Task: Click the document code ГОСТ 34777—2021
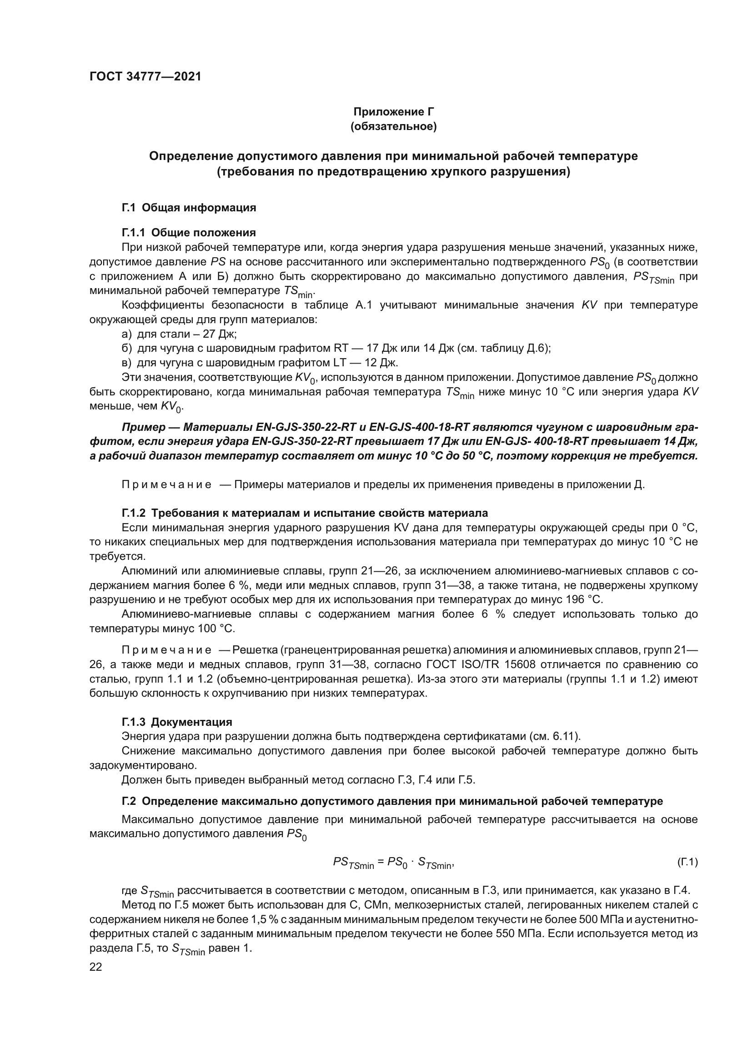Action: tap(145, 77)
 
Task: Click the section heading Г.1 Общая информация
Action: tap(189, 208)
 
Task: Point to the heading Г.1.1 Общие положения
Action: tap(189, 232)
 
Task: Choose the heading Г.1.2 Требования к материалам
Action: tap(305, 513)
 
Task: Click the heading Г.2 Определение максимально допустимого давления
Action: tap(392, 801)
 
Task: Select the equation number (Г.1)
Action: tap(687, 863)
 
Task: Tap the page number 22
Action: tap(96, 967)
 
